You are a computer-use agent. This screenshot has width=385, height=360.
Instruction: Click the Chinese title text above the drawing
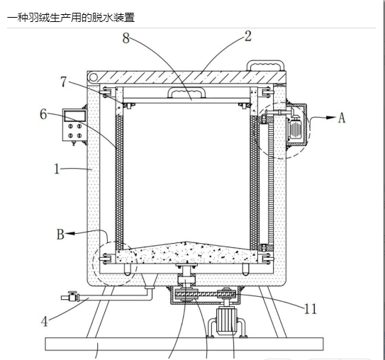pyautogui.click(x=71, y=18)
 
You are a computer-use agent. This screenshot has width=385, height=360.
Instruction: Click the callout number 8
pyautogui.click(x=126, y=38)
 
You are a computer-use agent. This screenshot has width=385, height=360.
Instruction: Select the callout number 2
pyautogui.click(x=248, y=36)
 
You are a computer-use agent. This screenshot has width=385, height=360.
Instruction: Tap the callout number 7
pyautogui.click(x=64, y=81)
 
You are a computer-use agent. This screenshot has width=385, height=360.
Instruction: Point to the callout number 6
pyautogui.click(x=43, y=114)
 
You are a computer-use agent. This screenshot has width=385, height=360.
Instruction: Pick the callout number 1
pyautogui.click(x=57, y=169)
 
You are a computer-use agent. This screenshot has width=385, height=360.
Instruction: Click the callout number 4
pyautogui.click(x=45, y=321)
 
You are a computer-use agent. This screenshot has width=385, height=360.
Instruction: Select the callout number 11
pyautogui.click(x=311, y=309)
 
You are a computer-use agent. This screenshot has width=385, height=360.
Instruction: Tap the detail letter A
pyautogui.click(x=342, y=118)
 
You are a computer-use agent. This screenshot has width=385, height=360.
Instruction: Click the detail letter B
pyautogui.click(x=60, y=234)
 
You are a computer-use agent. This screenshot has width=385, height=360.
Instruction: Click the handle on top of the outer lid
pyautogui.click(x=265, y=65)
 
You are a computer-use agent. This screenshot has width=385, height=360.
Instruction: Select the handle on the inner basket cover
pyautogui.click(x=186, y=93)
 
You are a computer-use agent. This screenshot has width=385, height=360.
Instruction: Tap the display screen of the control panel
pyautogui.click(x=75, y=116)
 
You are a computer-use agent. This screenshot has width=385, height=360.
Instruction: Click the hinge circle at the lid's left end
pyautogui.click(x=93, y=77)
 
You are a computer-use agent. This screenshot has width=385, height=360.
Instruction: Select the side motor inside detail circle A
pyautogui.click(x=296, y=127)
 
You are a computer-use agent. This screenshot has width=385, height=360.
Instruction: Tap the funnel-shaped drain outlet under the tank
pyautogui.click(x=150, y=281)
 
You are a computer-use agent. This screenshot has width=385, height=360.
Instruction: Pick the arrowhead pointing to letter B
pyautogui.click(x=70, y=233)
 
